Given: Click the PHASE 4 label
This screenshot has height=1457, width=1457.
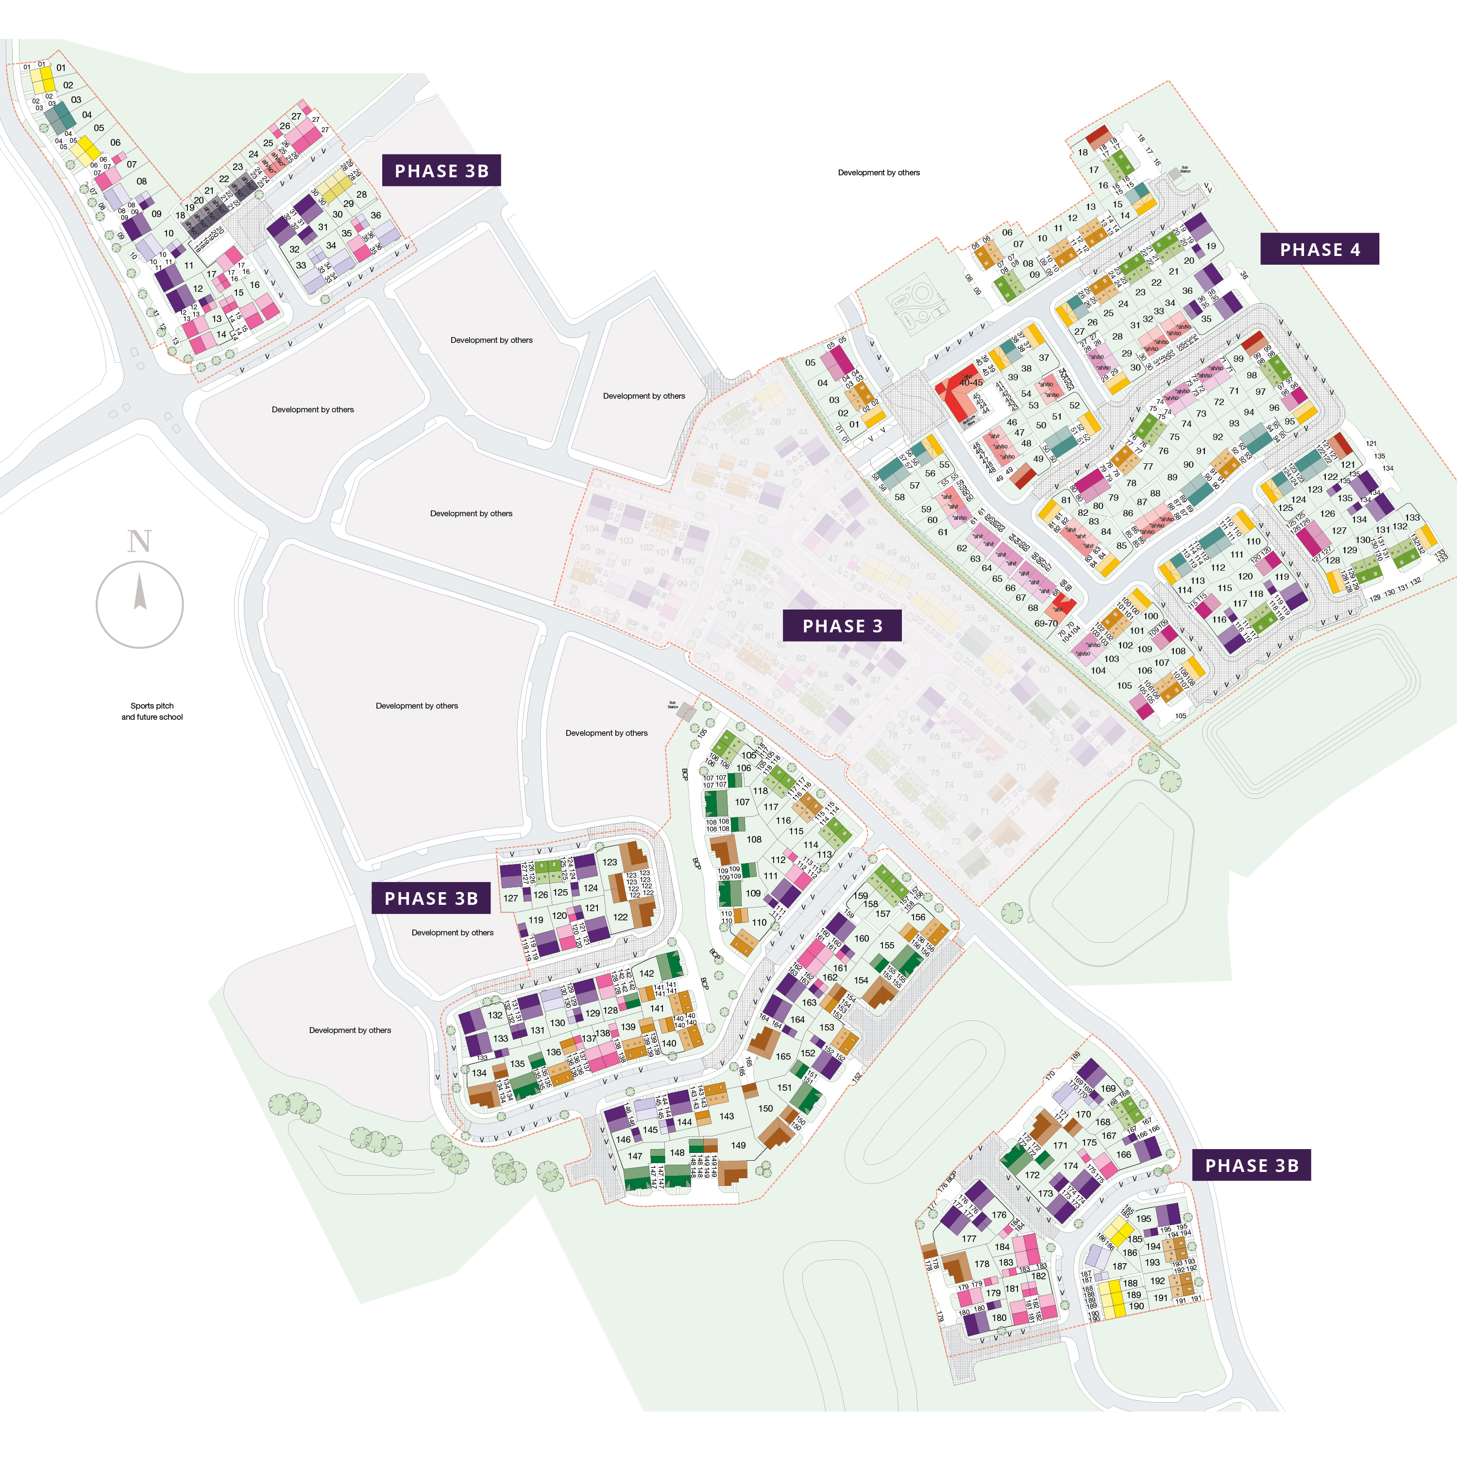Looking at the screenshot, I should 1320,250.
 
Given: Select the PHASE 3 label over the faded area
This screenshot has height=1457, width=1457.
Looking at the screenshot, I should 842,626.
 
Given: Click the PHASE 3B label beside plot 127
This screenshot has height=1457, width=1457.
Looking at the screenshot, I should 431,898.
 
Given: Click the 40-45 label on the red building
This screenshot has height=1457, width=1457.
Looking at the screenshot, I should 970,382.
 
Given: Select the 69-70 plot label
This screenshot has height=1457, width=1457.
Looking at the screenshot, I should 1045,624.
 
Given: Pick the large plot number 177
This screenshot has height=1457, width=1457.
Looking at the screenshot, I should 969,1238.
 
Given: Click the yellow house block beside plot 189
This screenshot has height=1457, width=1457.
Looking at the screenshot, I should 1111,1298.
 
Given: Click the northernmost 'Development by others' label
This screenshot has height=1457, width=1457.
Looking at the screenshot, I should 879,173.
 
